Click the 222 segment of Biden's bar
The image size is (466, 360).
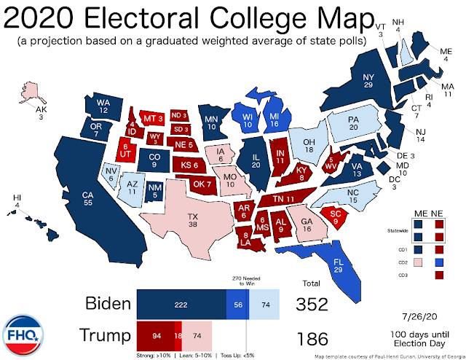(x=181, y=304)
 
